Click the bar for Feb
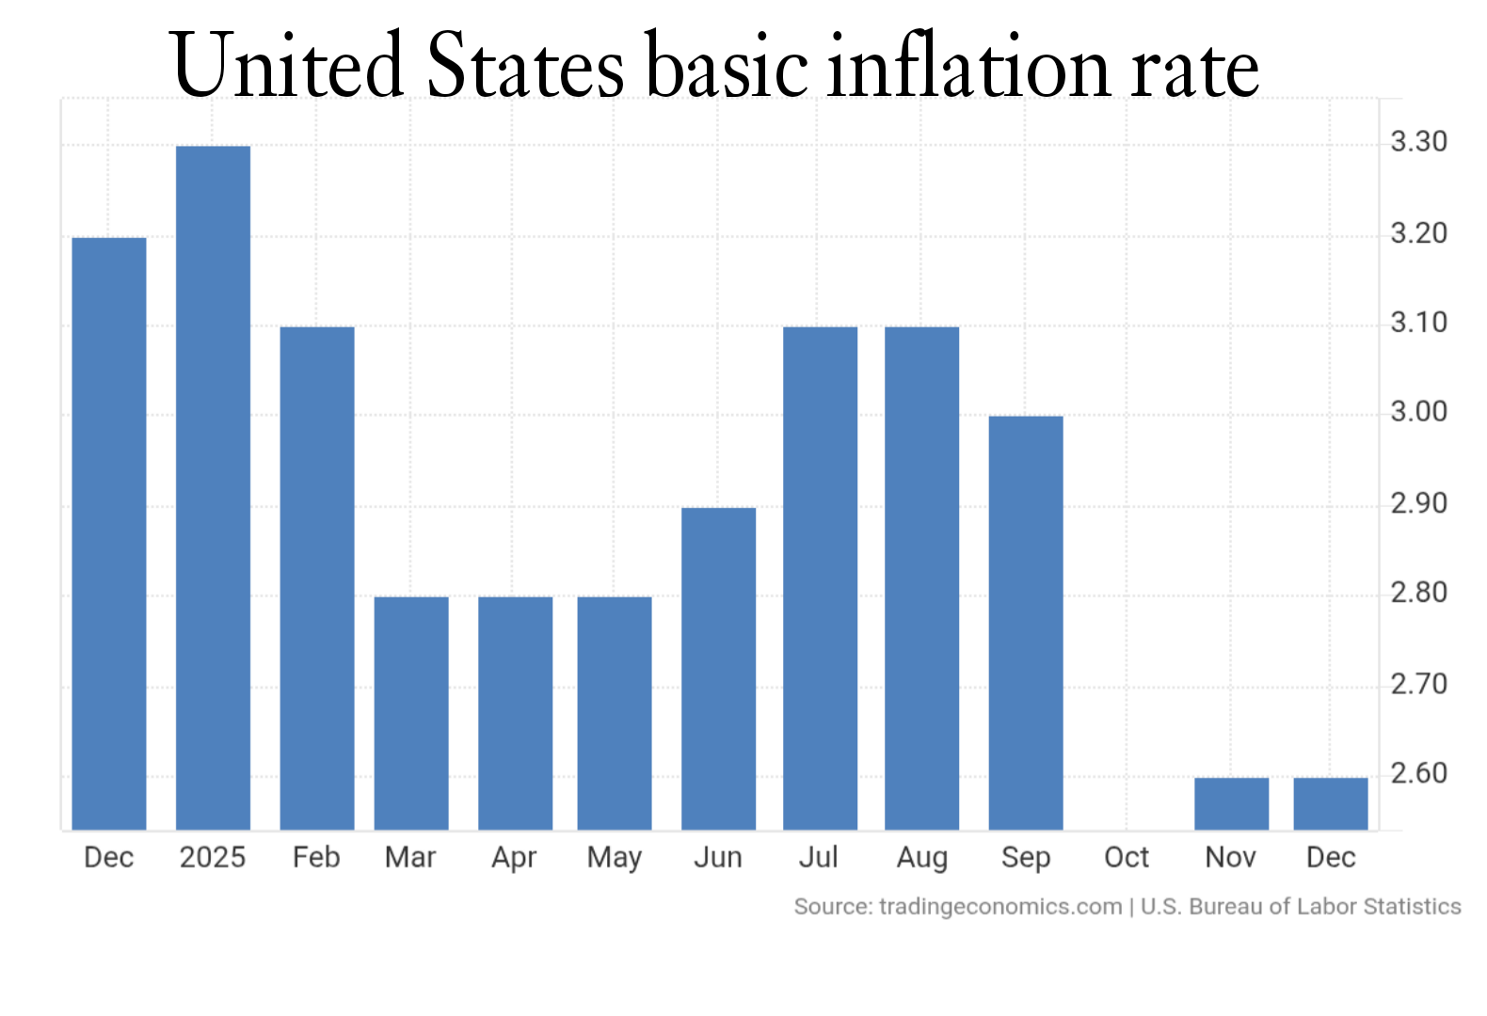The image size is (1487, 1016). click(317, 578)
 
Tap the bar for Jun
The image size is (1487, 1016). click(718, 668)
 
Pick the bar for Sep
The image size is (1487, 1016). click(1025, 622)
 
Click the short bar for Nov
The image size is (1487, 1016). click(1231, 803)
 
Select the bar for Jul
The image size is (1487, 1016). click(820, 578)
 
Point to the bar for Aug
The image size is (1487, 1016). click(921, 578)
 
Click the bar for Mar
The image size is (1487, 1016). click(411, 712)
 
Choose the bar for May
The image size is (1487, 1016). click(615, 712)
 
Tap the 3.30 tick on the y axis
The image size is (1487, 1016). click(1418, 142)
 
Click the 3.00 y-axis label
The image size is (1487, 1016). click(1418, 412)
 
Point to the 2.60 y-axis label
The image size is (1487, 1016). click(1418, 773)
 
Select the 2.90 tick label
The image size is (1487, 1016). click(1418, 503)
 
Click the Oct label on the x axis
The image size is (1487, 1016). click(1127, 857)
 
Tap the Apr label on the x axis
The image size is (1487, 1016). click(514, 857)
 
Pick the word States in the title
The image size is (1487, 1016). click(525, 66)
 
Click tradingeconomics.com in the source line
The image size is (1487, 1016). click(999, 907)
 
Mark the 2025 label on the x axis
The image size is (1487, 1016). click(213, 857)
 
